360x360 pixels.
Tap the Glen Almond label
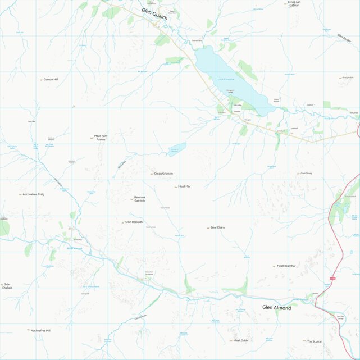(276, 307)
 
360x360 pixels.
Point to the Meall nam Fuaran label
(100, 138)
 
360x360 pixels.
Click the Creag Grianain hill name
(163, 174)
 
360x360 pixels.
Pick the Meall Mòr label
(184, 186)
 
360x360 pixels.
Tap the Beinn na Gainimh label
(139, 199)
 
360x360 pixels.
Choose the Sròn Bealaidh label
(131, 222)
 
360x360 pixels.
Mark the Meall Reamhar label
(286, 266)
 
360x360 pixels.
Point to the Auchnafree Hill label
(40, 331)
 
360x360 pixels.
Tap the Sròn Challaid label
(7, 286)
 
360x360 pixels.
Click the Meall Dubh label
(240, 341)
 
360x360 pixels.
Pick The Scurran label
(315, 341)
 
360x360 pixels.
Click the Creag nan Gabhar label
(293, 3)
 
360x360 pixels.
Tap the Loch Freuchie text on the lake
(226, 80)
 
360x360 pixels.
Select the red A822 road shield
(332, 279)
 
